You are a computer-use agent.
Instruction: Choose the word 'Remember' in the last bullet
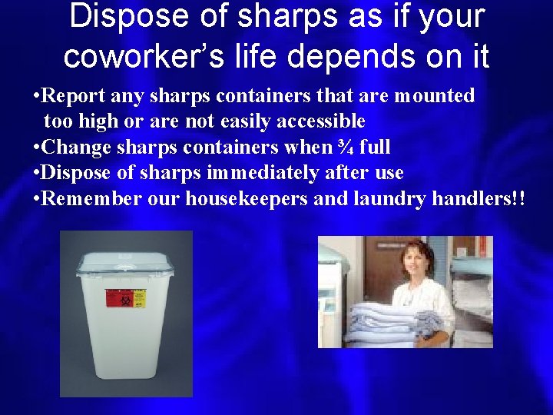[x=81, y=198]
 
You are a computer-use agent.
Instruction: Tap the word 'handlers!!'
[x=479, y=198]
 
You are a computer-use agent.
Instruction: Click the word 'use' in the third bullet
[x=388, y=173]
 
